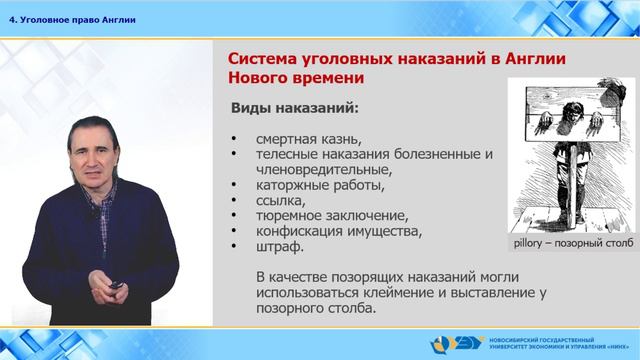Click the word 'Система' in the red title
click(256, 59)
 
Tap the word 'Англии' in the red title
click(529, 59)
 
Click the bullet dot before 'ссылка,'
click(235, 201)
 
